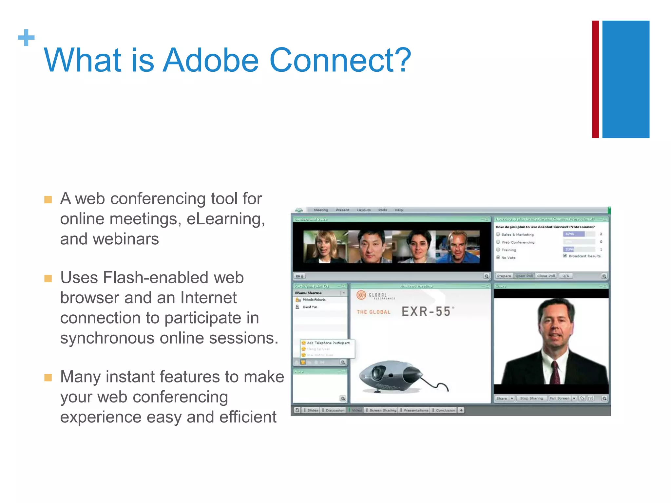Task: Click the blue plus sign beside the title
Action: point(26,38)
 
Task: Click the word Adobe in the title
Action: point(211,60)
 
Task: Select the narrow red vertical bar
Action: point(595,79)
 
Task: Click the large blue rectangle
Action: point(626,79)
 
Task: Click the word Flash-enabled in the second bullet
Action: point(156,278)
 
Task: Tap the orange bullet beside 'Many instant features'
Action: point(48,378)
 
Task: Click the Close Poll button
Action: point(546,276)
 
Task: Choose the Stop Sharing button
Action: point(531,398)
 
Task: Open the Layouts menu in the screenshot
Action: point(364,210)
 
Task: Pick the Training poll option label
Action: point(508,250)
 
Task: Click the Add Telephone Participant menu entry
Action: point(328,343)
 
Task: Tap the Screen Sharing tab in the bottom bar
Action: point(382,410)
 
